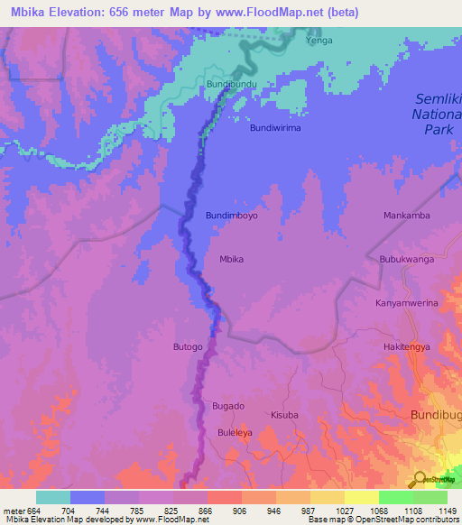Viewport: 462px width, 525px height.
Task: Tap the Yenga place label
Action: [x=319, y=41]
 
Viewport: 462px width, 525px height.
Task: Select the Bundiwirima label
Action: [x=275, y=128]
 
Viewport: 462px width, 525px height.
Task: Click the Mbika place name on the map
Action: [x=233, y=259]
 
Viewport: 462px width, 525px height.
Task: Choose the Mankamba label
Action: [x=406, y=216]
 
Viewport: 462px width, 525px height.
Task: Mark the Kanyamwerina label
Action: [x=406, y=303]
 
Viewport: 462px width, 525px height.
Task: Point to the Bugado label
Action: [x=227, y=406]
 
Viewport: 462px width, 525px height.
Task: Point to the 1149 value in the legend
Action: [x=447, y=511]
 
